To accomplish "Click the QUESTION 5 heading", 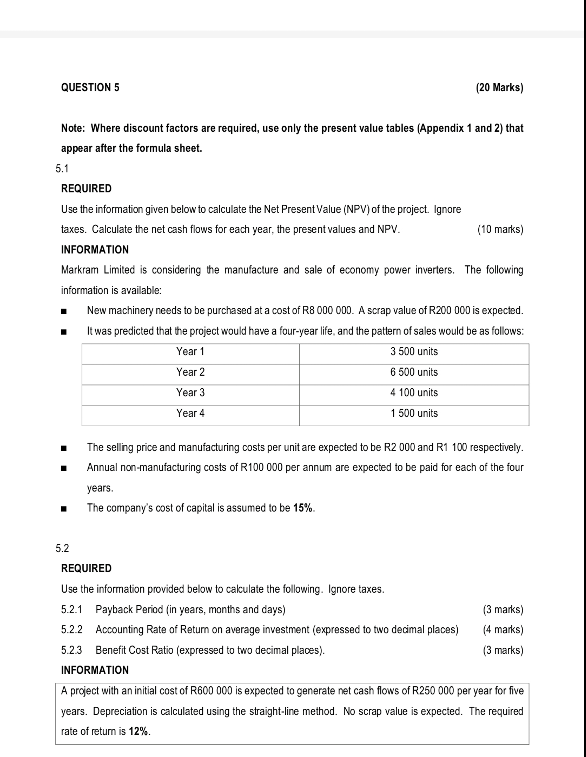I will [90, 87].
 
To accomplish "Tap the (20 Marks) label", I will [499, 87].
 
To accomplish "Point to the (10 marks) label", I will [500, 229].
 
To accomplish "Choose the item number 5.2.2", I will [72, 630].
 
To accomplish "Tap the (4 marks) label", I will [503, 630].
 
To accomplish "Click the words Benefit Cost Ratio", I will [135, 650].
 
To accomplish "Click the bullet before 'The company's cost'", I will [63, 509].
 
